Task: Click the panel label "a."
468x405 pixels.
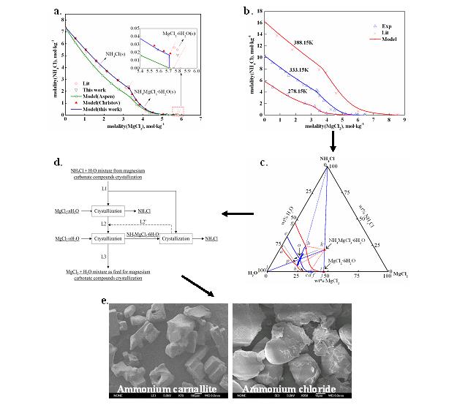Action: pyautogui.click(x=59, y=11)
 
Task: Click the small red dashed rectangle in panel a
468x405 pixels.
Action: pyautogui.click(x=178, y=110)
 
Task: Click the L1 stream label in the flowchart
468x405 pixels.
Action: pyautogui.click(x=105, y=189)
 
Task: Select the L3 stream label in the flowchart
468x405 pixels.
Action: pyautogui.click(x=105, y=257)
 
